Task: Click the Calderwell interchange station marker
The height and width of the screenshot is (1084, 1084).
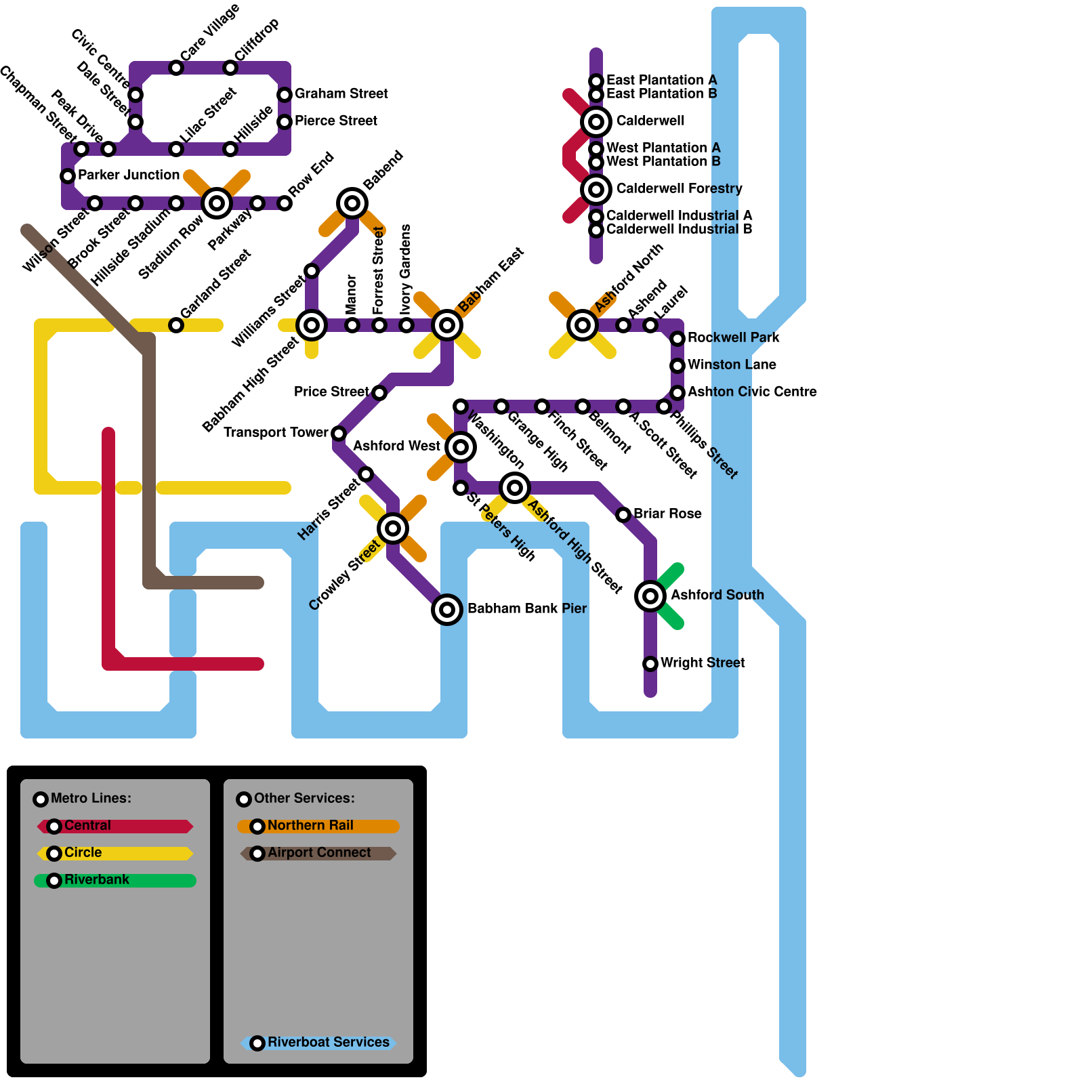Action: (x=596, y=122)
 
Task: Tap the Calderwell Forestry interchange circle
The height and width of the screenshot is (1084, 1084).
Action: (x=596, y=190)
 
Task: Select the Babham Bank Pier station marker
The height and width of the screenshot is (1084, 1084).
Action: (x=447, y=610)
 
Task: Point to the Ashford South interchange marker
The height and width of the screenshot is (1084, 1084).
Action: (x=650, y=596)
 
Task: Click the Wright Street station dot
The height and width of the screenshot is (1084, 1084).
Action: (x=650, y=663)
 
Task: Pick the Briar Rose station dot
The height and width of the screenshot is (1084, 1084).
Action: (x=623, y=515)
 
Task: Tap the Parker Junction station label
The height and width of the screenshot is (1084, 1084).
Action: (x=129, y=175)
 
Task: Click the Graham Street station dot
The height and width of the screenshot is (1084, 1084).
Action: (x=285, y=95)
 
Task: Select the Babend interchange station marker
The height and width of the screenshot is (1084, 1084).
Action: (x=352, y=203)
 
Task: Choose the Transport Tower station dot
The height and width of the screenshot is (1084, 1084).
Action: (x=339, y=434)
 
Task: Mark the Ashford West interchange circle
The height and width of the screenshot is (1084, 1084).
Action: (x=461, y=447)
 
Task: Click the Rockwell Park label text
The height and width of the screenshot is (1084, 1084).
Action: (x=733, y=337)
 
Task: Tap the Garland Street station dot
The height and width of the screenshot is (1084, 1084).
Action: (x=176, y=325)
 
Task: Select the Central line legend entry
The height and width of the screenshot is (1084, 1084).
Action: (x=115, y=826)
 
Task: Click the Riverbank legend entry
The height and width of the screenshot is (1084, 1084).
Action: (x=115, y=880)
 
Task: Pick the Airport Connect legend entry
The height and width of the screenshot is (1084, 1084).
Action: (x=318, y=853)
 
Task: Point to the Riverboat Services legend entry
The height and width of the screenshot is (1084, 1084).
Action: (x=318, y=1043)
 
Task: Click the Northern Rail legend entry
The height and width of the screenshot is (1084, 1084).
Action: (x=318, y=826)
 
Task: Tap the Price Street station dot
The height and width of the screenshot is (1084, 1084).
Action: (x=379, y=393)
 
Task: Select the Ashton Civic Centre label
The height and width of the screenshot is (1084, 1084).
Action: (x=752, y=392)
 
